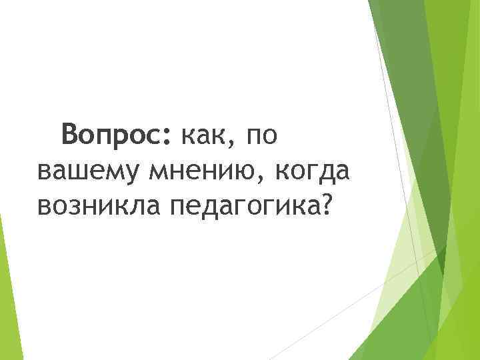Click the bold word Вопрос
[x=115, y=136]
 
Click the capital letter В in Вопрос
[x=70, y=135]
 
